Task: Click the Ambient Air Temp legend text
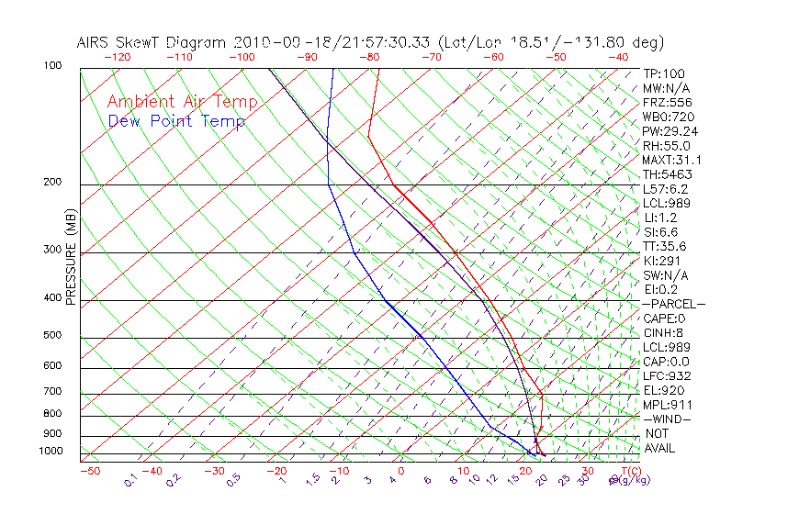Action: pos(182,102)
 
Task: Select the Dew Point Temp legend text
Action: pos(176,122)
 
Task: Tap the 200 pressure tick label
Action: pos(53,182)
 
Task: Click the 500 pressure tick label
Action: pos(53,336)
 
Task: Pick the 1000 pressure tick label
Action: pos(51,451)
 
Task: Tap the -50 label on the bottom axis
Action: pos(89,471)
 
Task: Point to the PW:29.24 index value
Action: pos(667,131)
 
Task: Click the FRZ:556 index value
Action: pos(664,103)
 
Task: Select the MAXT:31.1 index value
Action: pos(670,160)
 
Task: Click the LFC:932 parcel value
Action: pos(666,375)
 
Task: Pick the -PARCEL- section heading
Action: pos(673,304)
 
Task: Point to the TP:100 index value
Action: pos(663,73)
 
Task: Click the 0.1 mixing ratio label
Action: pos(130,480)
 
